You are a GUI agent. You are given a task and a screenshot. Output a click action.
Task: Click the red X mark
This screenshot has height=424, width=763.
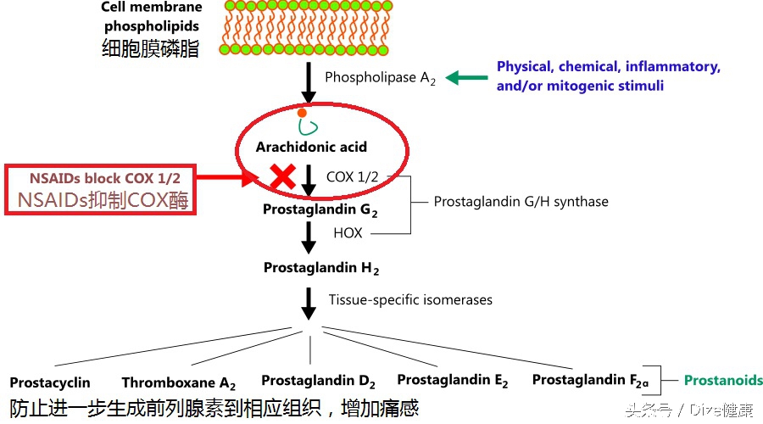[x=282, y=176]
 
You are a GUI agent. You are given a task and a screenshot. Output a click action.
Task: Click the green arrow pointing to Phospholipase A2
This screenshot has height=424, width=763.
[x=466, y=78]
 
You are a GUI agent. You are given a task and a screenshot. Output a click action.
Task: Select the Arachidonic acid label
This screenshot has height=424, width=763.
[x=311, y=147]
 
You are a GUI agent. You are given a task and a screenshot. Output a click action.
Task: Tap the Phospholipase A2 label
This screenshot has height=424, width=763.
[x=380, y=78]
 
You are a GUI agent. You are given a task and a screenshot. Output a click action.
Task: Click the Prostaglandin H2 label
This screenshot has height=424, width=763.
[x=320, y=268]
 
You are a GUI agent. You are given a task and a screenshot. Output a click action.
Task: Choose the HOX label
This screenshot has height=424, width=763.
[x=348, y=232]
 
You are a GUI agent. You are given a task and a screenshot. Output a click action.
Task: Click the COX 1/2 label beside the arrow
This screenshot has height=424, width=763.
[x=353, y=176]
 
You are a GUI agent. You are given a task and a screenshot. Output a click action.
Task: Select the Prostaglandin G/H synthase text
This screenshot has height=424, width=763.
[x=521, y=202]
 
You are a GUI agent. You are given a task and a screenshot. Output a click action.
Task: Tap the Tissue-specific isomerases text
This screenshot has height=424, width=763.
[x=410, y=299]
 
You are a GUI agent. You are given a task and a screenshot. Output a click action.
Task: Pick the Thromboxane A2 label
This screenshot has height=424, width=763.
[x=178, y=383]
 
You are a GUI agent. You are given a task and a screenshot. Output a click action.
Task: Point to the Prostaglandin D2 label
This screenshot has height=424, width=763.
[x=318, y=381]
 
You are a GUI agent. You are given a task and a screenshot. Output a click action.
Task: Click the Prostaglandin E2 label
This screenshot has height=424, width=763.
[x=453, y=380]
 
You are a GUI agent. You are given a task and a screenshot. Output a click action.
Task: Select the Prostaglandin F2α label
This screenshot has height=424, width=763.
[x=590, y=381]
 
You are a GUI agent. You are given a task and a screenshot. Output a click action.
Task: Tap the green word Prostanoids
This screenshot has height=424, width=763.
[x=723, y=380]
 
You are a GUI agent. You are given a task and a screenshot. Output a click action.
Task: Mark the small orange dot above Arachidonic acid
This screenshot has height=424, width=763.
[x=301, y=113]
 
